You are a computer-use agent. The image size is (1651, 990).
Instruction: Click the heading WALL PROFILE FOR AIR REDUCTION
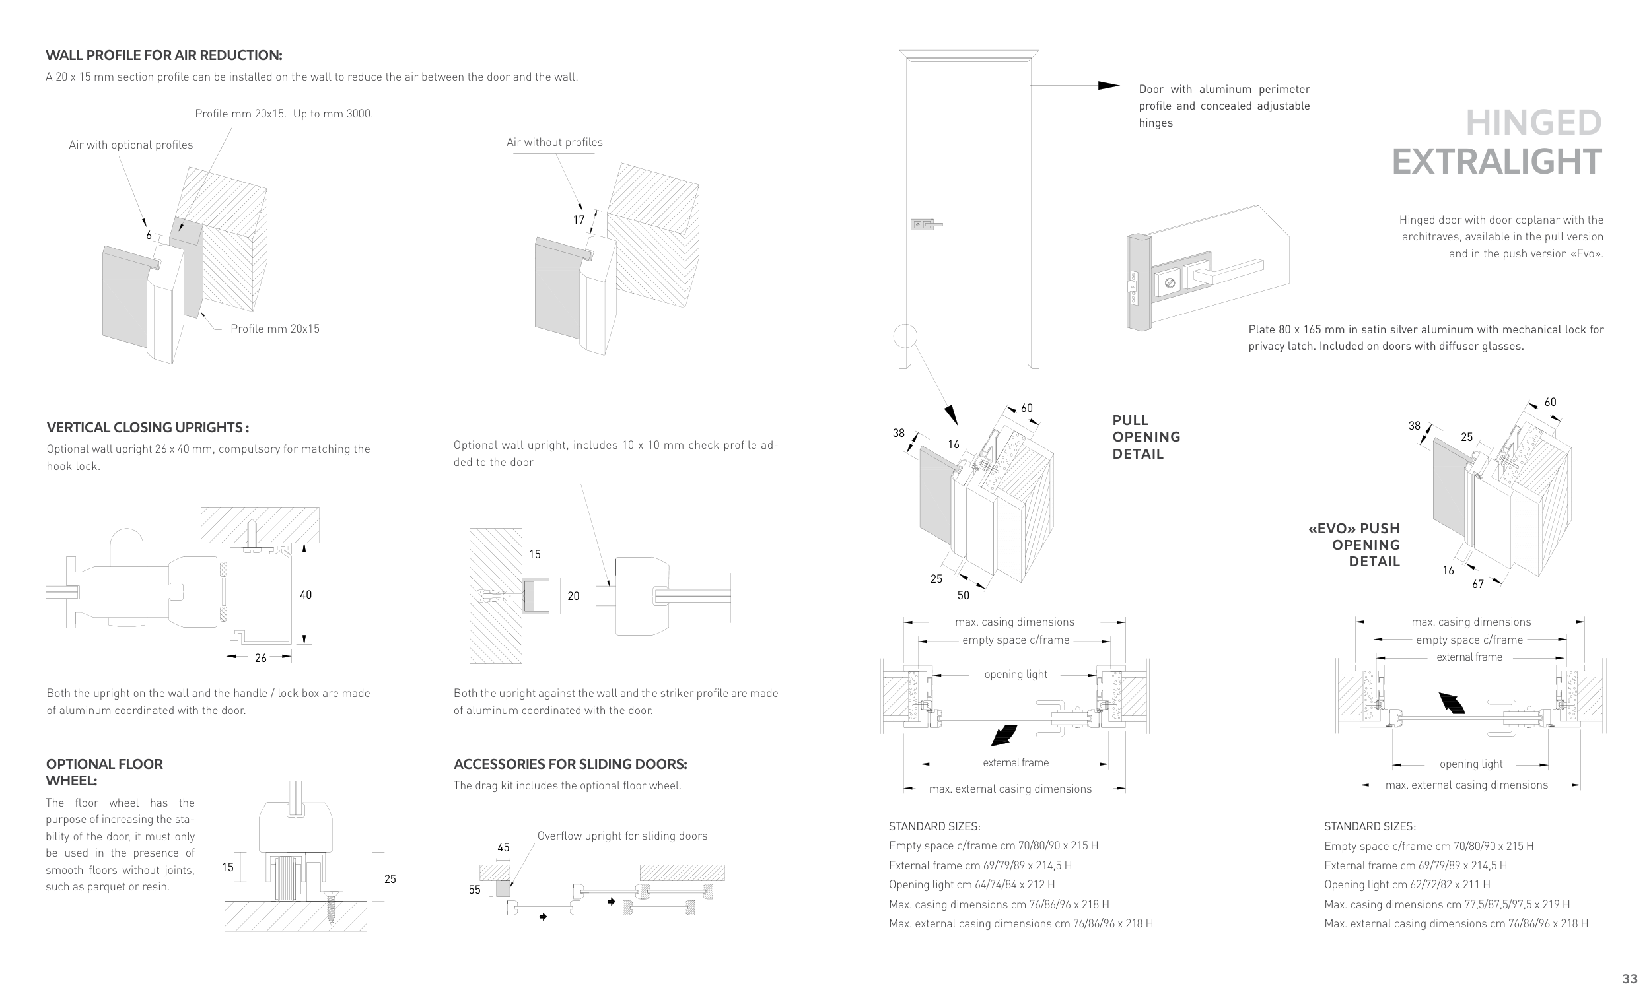[164, 55]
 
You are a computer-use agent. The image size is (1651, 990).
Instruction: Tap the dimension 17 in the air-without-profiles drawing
[579, 220]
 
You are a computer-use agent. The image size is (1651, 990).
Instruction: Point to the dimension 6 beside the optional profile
[149, 235]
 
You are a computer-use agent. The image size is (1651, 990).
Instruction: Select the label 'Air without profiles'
[554, 142]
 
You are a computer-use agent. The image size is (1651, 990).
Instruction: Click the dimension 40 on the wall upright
[306, 595]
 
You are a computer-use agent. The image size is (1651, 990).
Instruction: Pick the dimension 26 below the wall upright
[260, 658]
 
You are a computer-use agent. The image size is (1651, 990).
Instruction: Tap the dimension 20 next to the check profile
[573, 596]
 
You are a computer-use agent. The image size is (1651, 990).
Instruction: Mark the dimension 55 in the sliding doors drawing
[474, 890]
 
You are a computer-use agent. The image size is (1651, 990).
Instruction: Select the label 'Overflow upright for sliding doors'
[622, 836]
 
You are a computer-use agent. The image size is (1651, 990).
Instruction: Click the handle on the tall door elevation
[927, 225]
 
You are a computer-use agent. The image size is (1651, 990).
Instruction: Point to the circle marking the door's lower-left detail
[905, 335]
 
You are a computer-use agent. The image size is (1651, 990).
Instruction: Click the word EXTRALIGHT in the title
[1496, 162]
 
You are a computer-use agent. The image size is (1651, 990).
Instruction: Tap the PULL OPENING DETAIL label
[1146, 437]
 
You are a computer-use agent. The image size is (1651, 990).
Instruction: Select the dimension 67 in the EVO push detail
[1478, 584]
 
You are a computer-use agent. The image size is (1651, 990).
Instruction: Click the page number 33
[1630, 979]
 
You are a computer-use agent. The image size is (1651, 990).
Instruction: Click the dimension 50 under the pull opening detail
[963, 595]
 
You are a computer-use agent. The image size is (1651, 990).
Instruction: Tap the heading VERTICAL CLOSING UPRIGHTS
[147, 428]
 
